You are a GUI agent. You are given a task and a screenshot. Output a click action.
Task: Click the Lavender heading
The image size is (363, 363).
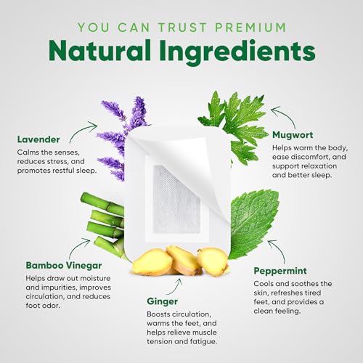[x=38, y=139]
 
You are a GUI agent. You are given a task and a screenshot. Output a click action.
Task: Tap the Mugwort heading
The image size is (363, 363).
[x=293, y=135]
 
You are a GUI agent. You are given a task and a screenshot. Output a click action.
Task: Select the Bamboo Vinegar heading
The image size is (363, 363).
[x=64, y=266]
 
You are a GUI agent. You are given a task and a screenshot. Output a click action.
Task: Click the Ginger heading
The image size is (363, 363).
[x=162, y=302]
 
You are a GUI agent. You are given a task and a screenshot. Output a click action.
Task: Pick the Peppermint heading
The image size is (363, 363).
[x=280, y=271]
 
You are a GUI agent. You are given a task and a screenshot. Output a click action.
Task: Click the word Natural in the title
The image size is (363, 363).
[x=99, y=51]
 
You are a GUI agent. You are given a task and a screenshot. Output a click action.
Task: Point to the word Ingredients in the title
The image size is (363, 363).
[x=237, y=52]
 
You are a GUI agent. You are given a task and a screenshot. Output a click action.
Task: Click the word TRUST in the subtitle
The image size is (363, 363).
[x=183, y=28]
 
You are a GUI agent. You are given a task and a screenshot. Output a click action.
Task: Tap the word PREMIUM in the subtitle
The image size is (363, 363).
[x=250, y=28]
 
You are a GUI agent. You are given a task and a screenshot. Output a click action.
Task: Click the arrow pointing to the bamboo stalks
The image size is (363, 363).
[x=77, y=246]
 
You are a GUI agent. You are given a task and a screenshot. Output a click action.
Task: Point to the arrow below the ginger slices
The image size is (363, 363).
[x=176, y=287]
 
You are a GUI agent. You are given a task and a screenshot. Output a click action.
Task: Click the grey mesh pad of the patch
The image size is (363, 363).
[x=176, y=199]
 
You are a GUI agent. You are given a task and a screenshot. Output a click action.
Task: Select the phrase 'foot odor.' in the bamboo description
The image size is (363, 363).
[x=43, y=306]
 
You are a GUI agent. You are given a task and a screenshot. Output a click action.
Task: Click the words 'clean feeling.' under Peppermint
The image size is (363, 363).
[x=277, y=311]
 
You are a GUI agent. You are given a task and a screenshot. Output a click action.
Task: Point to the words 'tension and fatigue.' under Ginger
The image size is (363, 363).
[x=181, y=341]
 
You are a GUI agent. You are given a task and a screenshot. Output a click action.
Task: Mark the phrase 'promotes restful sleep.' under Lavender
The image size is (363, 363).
[x=57, y=171]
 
